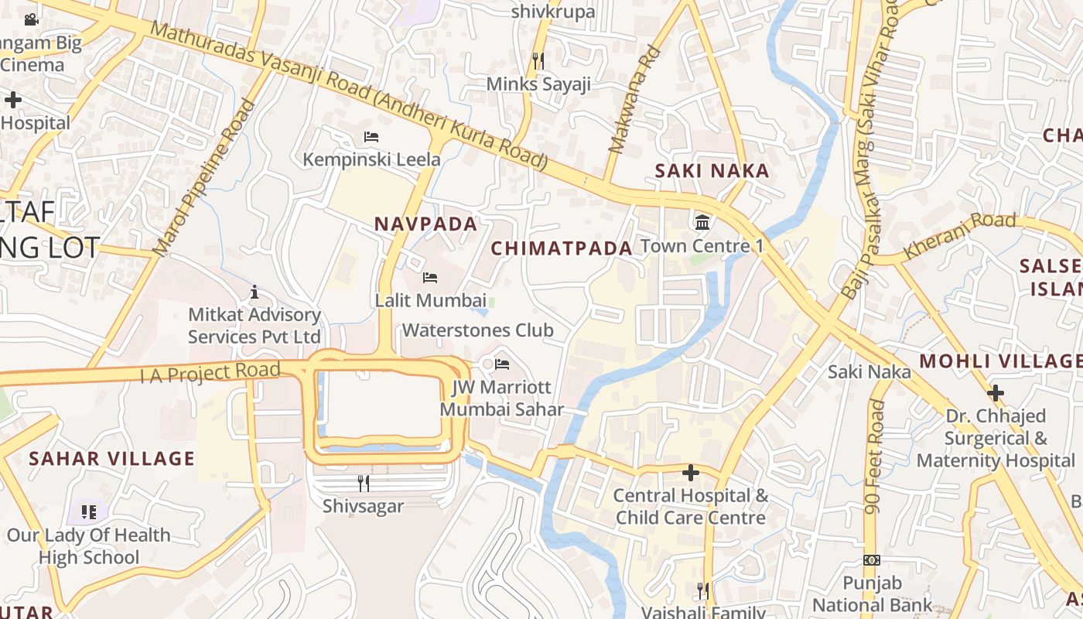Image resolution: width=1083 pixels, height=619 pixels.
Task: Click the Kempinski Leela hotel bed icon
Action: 371,137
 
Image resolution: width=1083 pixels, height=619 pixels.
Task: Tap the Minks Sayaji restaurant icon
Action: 538,60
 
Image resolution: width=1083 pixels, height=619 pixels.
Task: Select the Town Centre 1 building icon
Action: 702,223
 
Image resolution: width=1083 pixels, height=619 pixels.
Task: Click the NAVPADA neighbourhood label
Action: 425,224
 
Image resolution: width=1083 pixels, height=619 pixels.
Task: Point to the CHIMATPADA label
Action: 562,248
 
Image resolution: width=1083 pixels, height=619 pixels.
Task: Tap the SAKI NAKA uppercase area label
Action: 712,171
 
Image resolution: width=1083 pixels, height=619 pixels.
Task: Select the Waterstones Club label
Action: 477,330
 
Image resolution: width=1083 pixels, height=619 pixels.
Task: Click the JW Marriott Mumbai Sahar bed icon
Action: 502,364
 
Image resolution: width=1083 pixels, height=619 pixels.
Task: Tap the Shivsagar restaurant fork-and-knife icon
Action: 363,484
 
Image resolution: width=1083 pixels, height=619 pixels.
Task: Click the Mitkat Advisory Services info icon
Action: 255,292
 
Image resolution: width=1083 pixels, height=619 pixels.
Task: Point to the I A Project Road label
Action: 210,373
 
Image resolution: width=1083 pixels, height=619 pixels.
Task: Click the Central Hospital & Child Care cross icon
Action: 691,472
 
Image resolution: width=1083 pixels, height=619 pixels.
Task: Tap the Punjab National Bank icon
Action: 872,560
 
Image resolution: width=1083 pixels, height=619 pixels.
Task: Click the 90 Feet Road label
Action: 876,457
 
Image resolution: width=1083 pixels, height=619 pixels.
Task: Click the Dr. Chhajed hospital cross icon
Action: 996,393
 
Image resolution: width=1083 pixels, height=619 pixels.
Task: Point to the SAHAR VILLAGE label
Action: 111,459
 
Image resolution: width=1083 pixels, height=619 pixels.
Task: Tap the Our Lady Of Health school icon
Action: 89,511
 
